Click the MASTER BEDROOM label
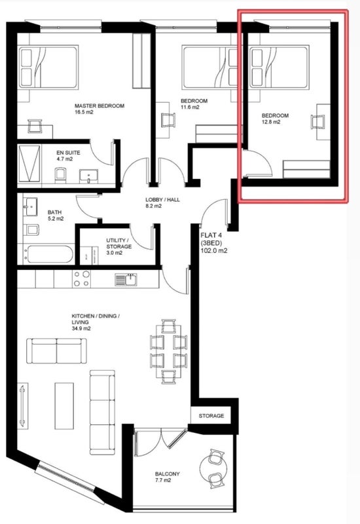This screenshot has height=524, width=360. pyautogui.click(x=99, y=106)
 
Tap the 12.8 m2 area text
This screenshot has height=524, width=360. pyautogui.click(x=271, y=122)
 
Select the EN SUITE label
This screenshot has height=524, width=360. pyautogui.click(x=68, y=153)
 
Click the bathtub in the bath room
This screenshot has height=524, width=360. pyautogui.click(x=50, y=254)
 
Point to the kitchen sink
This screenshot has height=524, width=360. pyautogui.click(x=126, y=280)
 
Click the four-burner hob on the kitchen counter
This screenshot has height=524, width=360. pyautogui.click(x=81, y=279)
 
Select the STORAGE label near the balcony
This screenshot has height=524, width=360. pyautogui.click(x=211, y=416)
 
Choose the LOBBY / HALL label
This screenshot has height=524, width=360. pyautogui.click(x=162, y=200)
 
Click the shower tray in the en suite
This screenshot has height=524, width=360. pyautogui.click(x=29, y=164)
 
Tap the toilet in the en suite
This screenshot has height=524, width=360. pyautogui.click(x=60, y=176)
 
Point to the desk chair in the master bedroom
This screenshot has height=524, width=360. pyautogui.click(x=35, y=126)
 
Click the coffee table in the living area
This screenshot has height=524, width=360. pyautogui.click(x=64, y=405)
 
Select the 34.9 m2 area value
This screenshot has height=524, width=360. pyautogui.click(x=81, y=329)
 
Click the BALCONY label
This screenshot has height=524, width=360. pyautogui.click(x=168, y=474)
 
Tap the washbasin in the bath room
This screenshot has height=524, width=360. pyautogui.click(x=30, y=206)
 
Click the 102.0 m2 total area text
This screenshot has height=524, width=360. pyautogui.click(x=214, y=250)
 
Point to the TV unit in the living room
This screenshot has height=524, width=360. pyautogui.click(x=23, y=405)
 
